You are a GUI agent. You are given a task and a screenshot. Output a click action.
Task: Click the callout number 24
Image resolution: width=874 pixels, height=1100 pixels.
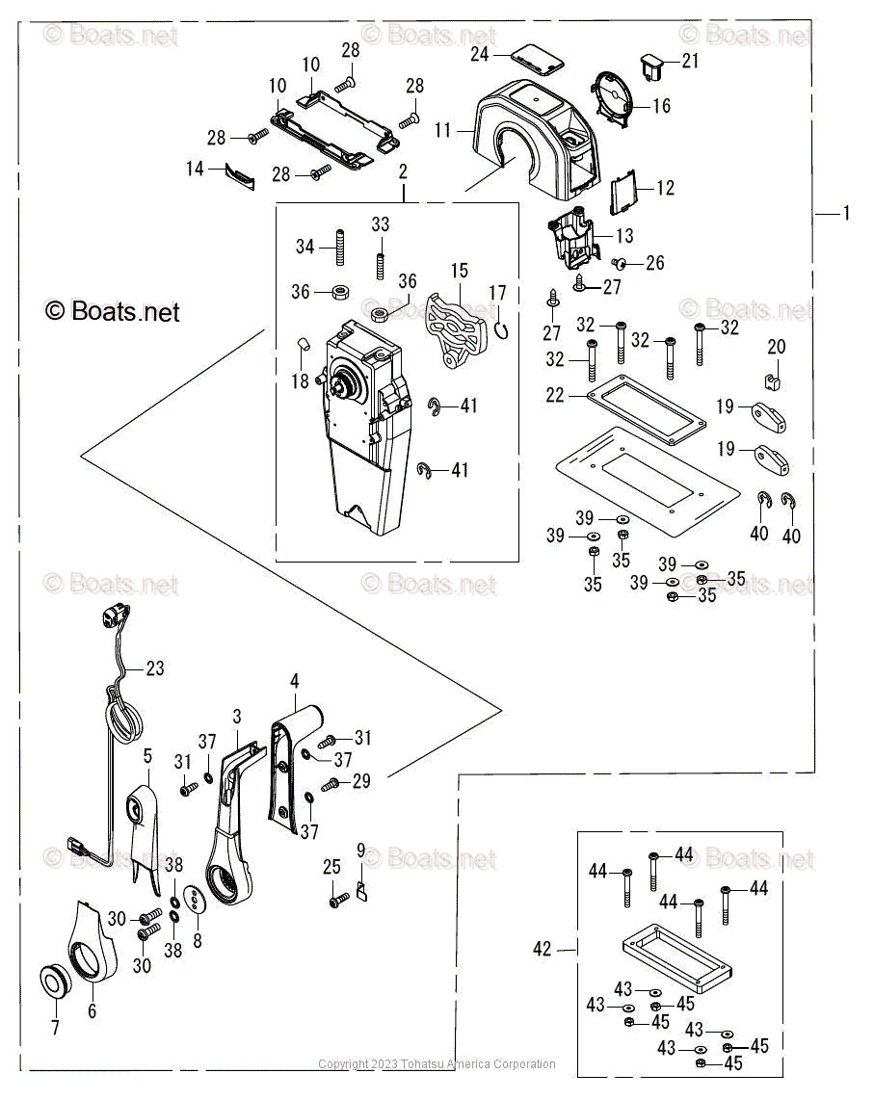[x=480, y=54]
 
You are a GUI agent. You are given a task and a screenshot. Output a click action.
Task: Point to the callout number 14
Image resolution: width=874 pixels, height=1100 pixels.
[x=196, y=169]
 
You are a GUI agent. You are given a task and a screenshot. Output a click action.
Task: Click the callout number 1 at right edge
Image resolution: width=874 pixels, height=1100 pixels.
[x=846, y=213]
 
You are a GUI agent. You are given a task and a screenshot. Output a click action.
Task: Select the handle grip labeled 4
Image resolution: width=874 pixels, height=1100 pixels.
[x=289, y=761]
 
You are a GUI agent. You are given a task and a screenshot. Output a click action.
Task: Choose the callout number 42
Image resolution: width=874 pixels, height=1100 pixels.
[x=543, y=949]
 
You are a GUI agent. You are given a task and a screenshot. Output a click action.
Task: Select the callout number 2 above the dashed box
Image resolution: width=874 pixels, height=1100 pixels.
[x=402, y=171]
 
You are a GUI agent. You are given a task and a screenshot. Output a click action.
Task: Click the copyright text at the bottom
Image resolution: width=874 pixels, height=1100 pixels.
[x=437, y=1064]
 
